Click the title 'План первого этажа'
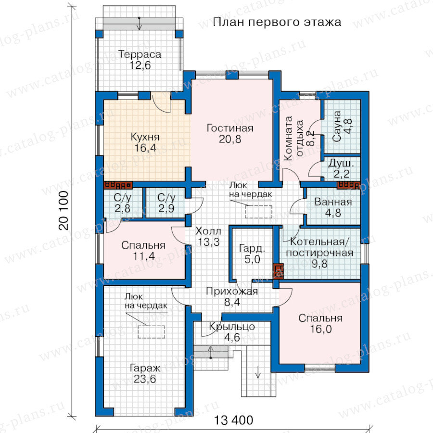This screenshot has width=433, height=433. (277, 22)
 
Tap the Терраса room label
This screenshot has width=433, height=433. (140, 54)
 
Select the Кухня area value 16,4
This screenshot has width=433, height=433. (145, 148)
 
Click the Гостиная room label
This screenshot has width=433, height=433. (230, 128)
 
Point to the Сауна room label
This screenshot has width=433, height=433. (337, 126)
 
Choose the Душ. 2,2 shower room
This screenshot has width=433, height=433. (341, 168)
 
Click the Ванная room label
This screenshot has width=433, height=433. (333, 202)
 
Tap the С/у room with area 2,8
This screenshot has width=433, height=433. (123, 203)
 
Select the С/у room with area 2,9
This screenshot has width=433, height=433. (166, 203)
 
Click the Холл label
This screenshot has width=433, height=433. (208, 231)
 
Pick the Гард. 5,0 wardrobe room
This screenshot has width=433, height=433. (252, 254)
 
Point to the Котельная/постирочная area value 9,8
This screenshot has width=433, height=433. (319, 264)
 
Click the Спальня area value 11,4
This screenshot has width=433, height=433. (144, 256)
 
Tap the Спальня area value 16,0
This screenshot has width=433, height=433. (320, 329)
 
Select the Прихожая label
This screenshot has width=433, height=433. (232, 291)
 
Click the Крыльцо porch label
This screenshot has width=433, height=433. (232, 326)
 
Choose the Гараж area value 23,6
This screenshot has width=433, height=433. (145, 379)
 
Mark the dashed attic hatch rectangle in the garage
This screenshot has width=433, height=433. (152, 332)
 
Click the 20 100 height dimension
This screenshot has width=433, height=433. (64, 210)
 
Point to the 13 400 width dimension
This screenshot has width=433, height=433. (234, 420)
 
